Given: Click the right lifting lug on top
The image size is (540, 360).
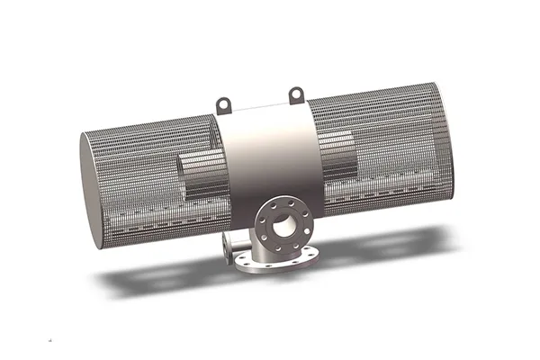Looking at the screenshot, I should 294,93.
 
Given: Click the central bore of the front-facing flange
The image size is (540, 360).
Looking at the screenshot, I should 283,224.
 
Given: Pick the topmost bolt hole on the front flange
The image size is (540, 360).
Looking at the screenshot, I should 283,202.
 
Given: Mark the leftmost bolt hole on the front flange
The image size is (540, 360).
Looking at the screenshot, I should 261,226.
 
